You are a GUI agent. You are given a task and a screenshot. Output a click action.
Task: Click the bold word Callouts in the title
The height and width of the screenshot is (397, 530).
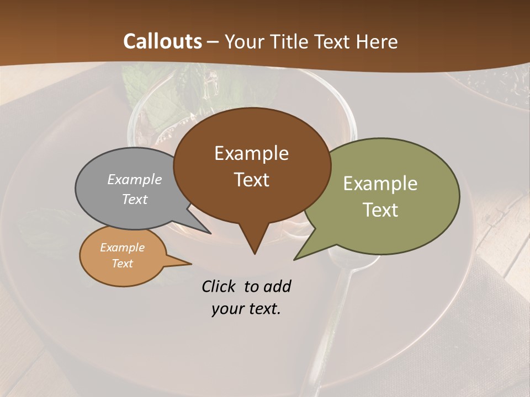point(162,41)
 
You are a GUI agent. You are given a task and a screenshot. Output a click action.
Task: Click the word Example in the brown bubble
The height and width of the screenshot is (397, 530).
point(251,153)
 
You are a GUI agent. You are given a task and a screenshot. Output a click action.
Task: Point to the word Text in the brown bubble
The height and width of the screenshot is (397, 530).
point(252,180)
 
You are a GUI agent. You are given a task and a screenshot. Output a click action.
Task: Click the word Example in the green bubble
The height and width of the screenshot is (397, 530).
point(380,184)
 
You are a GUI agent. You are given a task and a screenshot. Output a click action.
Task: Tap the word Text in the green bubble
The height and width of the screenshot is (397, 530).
point(380,210)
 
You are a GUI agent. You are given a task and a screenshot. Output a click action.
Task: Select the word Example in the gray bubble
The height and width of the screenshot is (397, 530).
point(135,179)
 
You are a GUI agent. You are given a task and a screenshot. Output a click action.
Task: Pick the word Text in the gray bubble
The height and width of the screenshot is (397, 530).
point(135,199)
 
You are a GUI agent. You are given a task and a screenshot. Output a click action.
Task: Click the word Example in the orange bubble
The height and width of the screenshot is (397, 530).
point(122,248)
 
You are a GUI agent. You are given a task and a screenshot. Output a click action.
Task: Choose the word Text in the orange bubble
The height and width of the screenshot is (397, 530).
point(122,264)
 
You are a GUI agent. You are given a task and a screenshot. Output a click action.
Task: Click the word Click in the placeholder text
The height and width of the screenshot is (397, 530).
point(219,286)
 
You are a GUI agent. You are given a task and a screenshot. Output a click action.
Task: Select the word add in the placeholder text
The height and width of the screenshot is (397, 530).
point(277,286)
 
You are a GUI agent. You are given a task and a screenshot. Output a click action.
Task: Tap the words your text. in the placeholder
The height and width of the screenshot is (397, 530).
point(246,309)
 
